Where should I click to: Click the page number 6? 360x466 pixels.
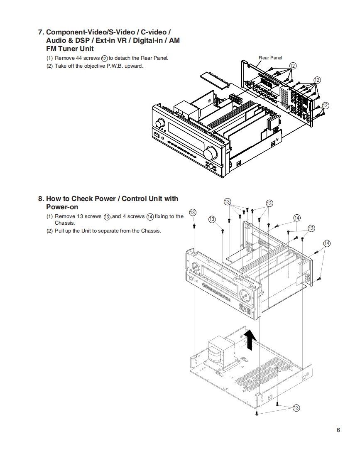coord(338,430)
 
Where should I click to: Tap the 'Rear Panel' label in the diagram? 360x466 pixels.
coord(270,58)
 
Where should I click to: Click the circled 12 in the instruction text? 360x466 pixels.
coord(105,59)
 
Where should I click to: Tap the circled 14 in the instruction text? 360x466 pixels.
coord(150,216)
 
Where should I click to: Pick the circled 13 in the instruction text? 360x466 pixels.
coord(107,216)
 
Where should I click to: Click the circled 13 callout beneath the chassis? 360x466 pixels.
coord(296,408)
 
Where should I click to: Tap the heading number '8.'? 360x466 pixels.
coord(41,199)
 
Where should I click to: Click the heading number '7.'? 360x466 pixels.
coord(41,32)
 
